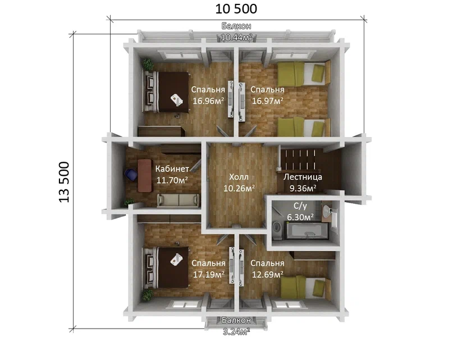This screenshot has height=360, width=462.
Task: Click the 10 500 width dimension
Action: (x=236, y=9)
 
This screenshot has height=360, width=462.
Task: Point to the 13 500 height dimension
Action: (x=64, y=182)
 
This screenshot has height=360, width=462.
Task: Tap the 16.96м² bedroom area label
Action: (x=208, y=101)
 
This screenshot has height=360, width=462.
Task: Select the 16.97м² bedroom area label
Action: (x=268, y=101)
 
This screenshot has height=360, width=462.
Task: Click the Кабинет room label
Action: (x=172, y=168)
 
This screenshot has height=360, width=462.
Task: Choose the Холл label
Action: (x=239, y=177)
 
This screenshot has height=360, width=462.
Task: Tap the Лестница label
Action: (x=303, y=177)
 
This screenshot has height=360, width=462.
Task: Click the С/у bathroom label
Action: (x=300, y=206)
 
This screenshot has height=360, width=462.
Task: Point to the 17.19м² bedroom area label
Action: (x=209, y=275)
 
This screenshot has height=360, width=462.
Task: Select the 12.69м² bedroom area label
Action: (x=268, y=275)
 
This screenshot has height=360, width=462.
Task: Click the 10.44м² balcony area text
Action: (x=236, y=38)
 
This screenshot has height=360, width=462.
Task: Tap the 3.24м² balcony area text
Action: (x=236, y=332)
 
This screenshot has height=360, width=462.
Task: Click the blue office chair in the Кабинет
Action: (x=131, y=174)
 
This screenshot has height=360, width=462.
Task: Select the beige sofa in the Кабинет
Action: (x=179, y=200)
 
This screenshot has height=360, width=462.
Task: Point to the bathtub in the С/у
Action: (x=307, y=231)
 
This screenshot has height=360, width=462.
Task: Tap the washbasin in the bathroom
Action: (x=327, y=211)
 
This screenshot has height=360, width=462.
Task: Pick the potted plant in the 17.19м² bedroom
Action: (x=148, y=295)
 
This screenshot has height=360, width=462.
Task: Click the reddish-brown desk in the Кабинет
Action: (x=145, y=176)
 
